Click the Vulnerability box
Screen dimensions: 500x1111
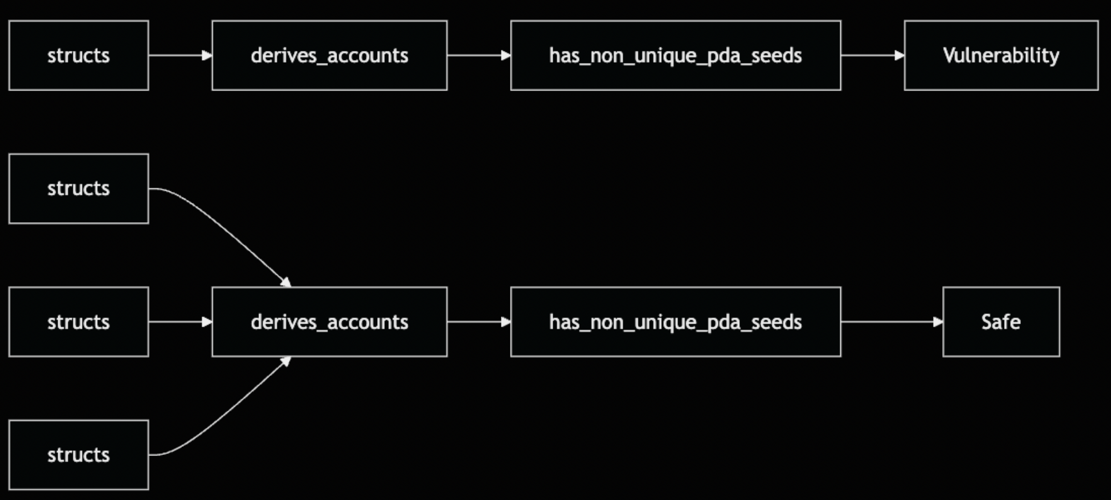1001,55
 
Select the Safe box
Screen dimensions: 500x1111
1001,322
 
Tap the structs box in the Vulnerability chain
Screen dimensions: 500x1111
79,55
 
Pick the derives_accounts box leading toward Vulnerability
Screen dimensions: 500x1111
329,55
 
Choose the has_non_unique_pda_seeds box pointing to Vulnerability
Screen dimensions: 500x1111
676,55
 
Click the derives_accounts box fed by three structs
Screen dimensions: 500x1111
329,322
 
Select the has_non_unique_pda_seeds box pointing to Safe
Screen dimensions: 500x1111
676,322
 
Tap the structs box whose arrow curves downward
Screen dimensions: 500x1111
79,189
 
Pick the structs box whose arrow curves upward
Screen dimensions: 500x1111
79,455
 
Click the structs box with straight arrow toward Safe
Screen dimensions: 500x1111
79,322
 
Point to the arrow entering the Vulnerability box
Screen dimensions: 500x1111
871,55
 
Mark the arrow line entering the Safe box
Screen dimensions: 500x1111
889,322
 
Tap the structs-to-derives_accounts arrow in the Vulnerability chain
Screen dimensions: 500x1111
177,55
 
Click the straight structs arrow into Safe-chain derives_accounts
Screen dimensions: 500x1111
177,322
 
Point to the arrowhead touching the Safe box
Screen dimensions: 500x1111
938,322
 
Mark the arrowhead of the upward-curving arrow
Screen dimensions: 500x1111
286,361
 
